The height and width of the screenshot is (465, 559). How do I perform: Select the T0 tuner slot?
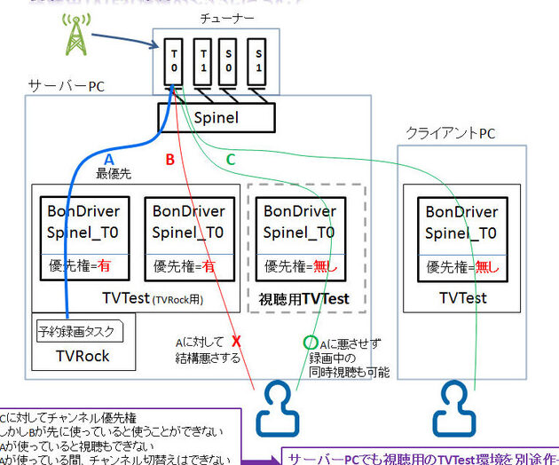coord(175,61)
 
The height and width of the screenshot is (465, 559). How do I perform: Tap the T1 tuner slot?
coord(201,61)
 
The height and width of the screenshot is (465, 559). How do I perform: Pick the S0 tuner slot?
coord(229,61)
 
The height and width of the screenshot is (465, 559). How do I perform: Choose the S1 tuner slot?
coord(256,61)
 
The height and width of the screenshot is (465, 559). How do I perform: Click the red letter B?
coord(171,160)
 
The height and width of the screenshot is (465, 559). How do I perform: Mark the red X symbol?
coord(236,341)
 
